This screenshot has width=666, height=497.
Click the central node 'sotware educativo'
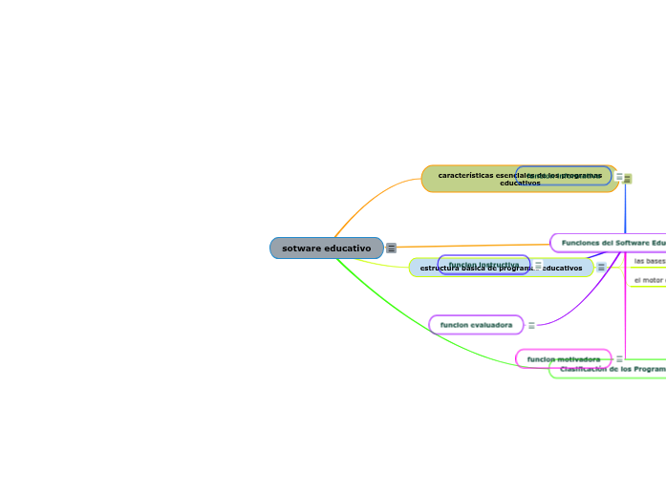[326, 248]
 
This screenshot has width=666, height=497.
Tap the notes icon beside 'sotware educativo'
[391, 248]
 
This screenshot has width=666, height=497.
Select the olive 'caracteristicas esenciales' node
[468, 179]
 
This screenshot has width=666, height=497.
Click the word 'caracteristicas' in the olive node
[466, 175]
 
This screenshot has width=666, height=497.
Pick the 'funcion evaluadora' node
[476, 325]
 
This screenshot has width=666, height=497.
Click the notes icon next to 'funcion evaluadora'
[531, 325]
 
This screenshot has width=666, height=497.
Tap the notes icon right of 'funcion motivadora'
[619, 358]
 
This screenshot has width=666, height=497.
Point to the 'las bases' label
[650, 260]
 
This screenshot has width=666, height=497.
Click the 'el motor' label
[650, 280]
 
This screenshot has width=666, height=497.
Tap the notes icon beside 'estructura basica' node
[601, 268]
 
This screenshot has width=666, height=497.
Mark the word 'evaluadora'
[491, 325]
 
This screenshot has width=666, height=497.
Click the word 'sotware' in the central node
[301, 248]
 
